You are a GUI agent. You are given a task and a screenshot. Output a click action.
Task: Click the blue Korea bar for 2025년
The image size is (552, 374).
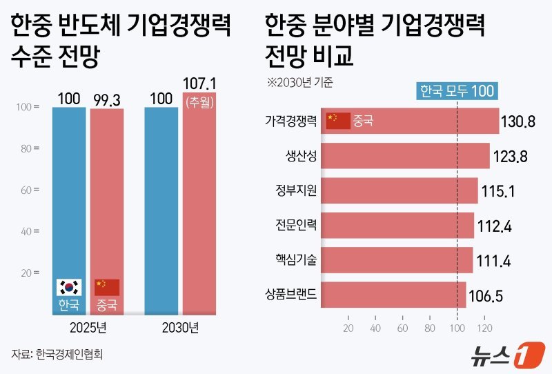coord(69,207)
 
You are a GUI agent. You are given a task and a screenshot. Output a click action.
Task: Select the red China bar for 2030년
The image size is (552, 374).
coord(199,207)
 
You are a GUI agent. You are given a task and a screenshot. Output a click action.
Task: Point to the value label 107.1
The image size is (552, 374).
coord(199,84)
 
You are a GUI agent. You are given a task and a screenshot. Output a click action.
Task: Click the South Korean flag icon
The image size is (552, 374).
coord(69,287)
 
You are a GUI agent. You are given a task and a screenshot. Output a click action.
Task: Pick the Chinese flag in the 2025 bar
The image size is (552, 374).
coord(107,287)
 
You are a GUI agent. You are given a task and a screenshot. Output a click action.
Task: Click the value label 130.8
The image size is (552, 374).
coord(520,122)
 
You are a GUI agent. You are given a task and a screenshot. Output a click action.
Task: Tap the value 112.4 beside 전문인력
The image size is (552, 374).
coord(495,226)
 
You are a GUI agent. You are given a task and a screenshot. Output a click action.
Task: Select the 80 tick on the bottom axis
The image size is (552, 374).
coord(430,328)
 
